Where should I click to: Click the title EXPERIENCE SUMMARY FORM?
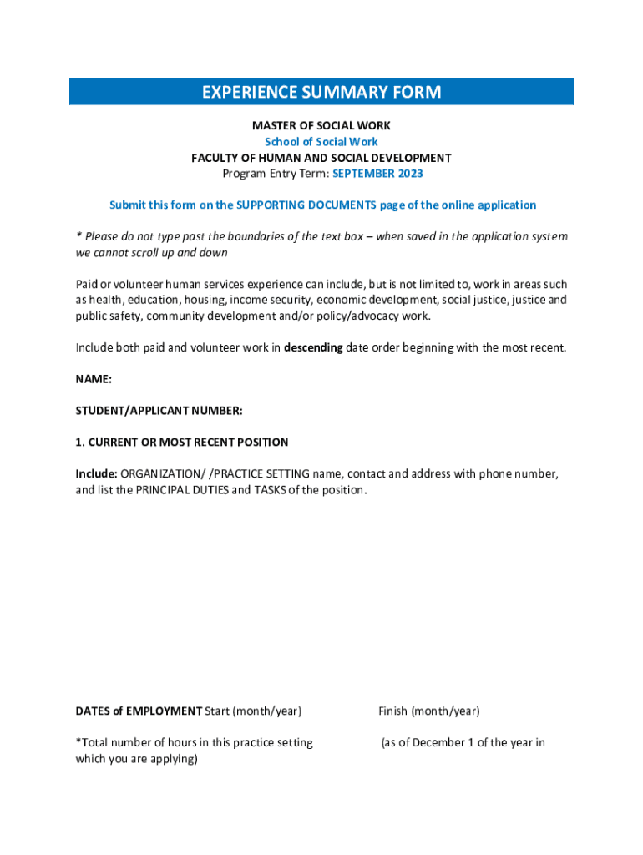pos(321,92)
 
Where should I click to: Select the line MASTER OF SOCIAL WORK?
pos(321,126)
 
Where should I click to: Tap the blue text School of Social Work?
pos(321,142)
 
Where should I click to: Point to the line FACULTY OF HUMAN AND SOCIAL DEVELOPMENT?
pos(321,158)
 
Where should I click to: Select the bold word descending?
pos(313,347)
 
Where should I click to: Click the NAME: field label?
pos(94,379)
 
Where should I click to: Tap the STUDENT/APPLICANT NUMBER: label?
pos(159,411)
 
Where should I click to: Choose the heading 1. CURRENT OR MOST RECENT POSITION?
pos(182,443)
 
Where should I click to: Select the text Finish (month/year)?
pos(429,711)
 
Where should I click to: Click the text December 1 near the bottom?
pos(446,743)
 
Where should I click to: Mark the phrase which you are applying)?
pos(137,759)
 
